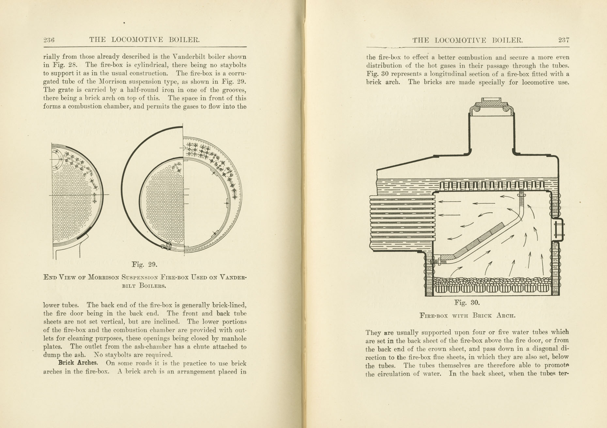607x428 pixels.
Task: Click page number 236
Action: coord(49,40)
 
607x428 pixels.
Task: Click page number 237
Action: coord(564,40)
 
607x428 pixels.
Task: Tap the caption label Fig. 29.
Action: coord(144,264)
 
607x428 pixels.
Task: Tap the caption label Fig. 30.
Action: coord(467,303)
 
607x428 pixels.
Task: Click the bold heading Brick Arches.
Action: coord(78,363)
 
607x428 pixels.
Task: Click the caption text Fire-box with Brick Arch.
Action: coord(467,316)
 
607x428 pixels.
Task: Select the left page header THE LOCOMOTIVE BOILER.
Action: coord(144,40)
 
